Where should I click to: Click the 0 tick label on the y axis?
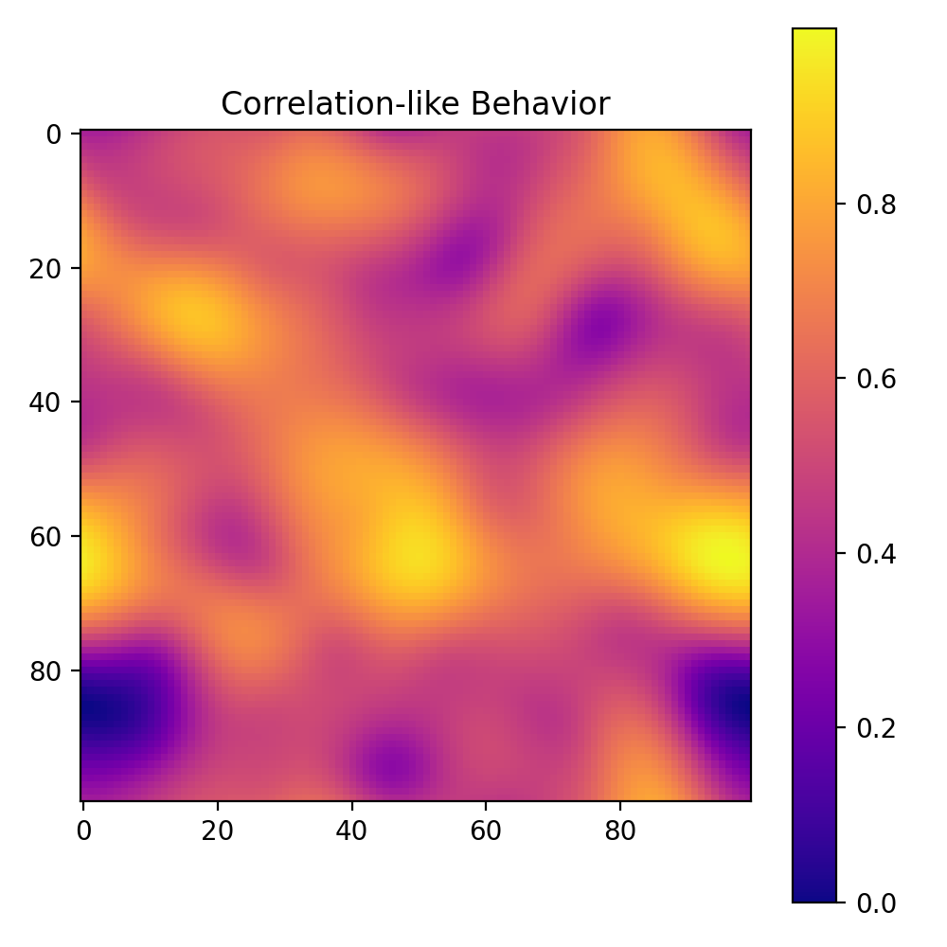click(55, 134)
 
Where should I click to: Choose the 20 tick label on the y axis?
click(48, 269)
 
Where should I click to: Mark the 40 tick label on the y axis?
click(48, 402)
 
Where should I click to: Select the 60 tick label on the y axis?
click(48, 537)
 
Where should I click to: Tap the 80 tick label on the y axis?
click(48, 671)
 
